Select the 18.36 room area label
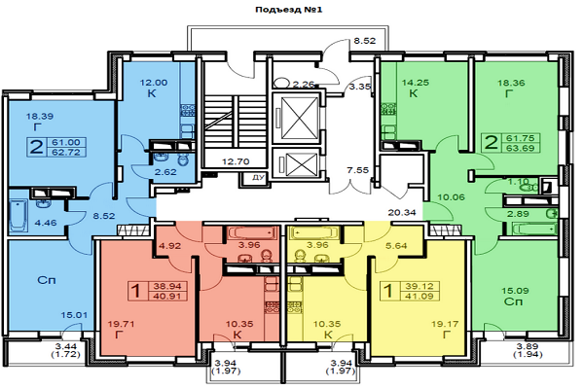click(x=510, y=84)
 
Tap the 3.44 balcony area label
click(x=39, y=347)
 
